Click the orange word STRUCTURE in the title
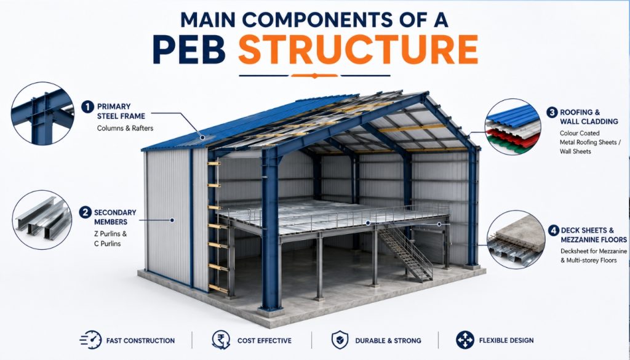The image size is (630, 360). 358,50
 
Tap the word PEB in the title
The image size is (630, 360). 189,50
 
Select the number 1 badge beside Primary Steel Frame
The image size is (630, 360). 87,107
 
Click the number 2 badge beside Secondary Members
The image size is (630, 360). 85,212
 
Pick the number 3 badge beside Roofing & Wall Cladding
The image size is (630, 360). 552,113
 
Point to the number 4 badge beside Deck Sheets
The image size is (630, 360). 554,231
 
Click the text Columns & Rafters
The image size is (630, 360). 125,128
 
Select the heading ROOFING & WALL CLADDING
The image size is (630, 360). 589,117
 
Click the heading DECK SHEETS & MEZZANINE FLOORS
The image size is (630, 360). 594,235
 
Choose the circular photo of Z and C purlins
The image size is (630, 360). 42,219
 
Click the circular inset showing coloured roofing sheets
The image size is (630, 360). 512,127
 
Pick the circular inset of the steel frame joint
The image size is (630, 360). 42,113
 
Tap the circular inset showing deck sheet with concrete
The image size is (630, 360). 516,239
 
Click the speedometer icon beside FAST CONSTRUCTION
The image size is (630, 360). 91,340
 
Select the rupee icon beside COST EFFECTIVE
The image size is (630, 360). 221,340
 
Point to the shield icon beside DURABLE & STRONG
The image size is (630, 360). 340,340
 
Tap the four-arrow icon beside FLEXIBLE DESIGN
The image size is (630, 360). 465,340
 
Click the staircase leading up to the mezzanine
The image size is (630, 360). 405,252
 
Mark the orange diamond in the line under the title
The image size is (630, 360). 314,76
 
